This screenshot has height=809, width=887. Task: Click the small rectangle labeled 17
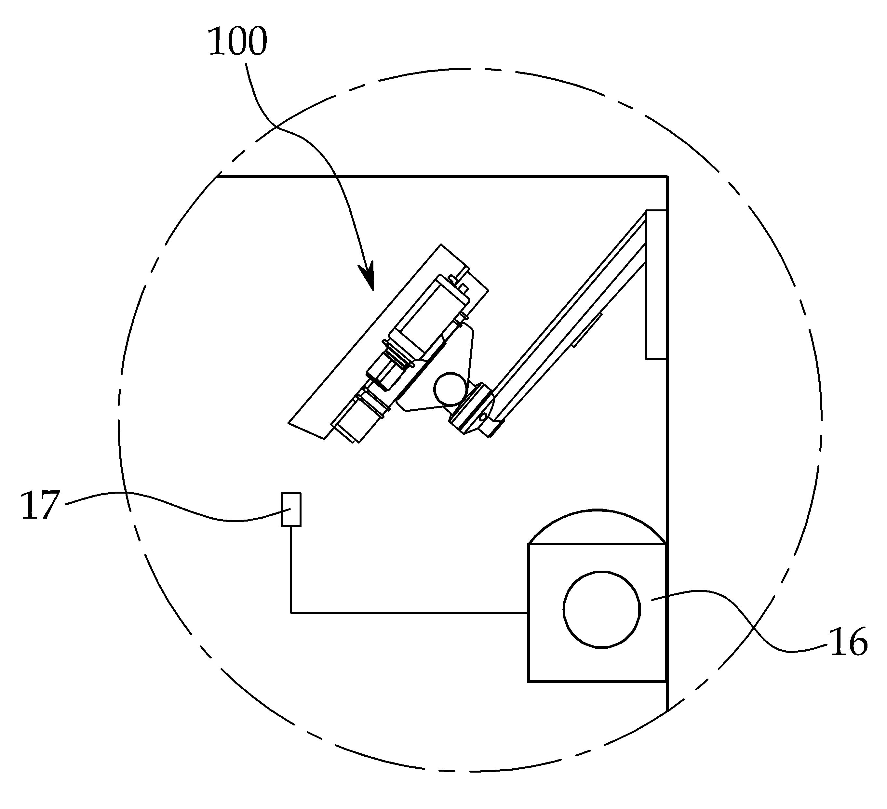click(x=291, y=510)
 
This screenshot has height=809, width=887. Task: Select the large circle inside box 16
click(x=602, y=610)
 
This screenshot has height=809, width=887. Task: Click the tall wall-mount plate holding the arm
click(x=656, y=285)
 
